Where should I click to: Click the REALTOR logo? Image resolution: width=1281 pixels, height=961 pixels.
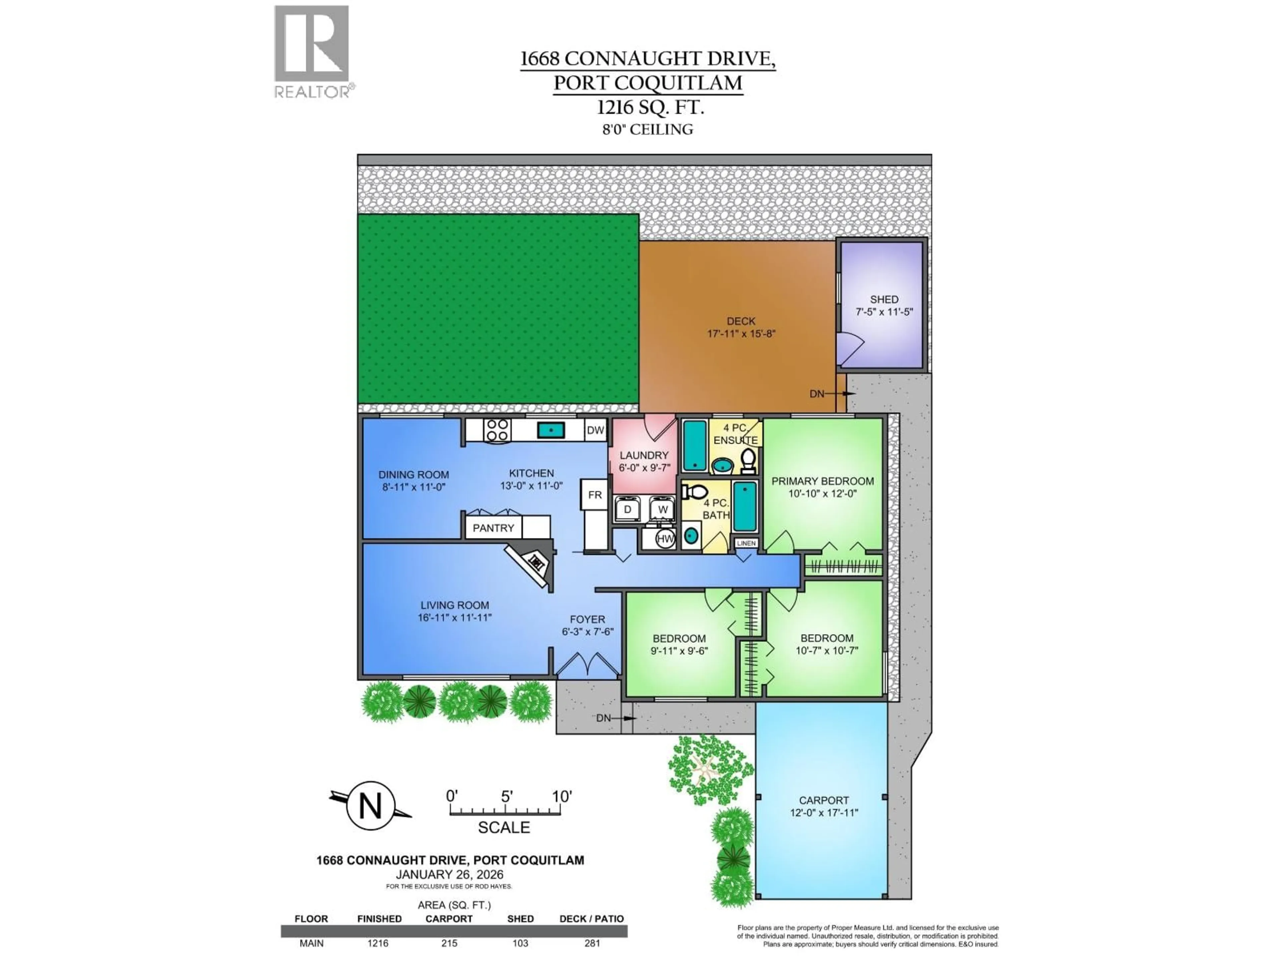[312, 51]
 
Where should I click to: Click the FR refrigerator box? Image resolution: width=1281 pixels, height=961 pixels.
[595, 495]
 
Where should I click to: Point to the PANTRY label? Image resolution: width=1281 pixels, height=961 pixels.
[493, 528]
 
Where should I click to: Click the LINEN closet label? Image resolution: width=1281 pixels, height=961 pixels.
[746, 543]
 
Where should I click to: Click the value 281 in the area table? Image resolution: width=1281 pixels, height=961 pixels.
[592, 943]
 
